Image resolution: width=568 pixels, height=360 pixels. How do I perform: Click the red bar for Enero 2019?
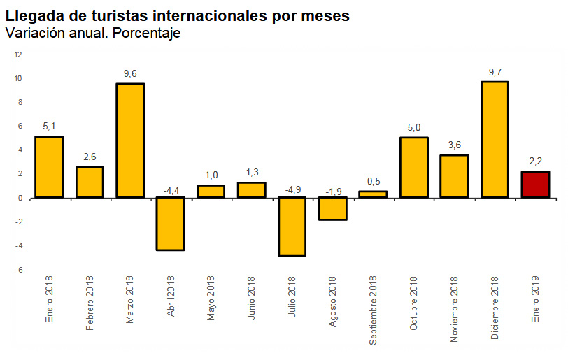535,185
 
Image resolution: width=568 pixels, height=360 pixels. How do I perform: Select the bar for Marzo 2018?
130,141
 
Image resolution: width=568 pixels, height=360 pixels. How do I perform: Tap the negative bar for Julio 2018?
292,226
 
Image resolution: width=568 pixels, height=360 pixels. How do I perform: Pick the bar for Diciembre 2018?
495,140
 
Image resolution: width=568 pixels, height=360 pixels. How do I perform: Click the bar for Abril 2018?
171,223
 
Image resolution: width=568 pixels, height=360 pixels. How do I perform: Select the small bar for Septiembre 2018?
373,194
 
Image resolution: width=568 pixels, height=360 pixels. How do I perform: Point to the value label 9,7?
495,72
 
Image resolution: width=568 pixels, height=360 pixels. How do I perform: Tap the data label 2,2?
535,161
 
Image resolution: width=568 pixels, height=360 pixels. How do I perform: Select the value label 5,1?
49,127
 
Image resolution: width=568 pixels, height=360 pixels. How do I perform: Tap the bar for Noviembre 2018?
454,176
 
